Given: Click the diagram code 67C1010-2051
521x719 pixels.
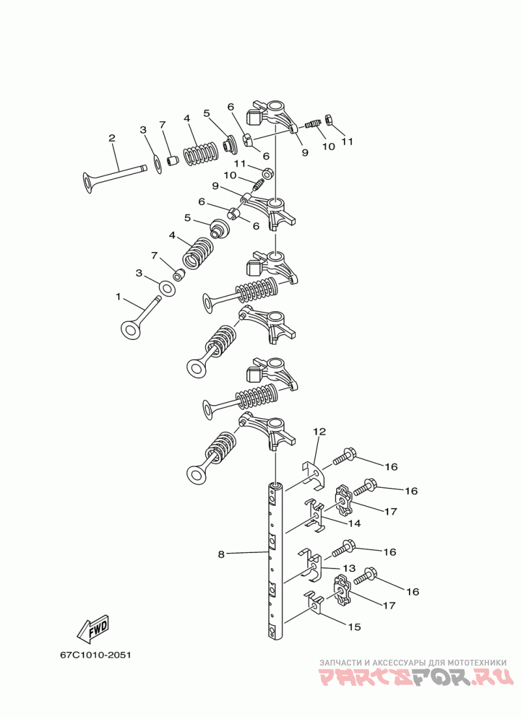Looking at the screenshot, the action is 95,655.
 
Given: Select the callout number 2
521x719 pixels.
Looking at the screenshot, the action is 112,137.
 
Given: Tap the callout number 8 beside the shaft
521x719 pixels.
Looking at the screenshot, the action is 221,554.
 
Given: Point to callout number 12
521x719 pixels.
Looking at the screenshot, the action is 320,432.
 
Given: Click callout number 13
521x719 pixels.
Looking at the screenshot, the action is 350,568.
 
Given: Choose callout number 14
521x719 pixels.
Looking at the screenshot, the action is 354,523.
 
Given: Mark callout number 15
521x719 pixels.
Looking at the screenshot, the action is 354,627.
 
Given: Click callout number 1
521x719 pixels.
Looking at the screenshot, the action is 118,297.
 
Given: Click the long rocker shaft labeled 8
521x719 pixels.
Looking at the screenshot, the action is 276,560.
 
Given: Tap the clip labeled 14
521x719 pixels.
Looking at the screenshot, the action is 314,515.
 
